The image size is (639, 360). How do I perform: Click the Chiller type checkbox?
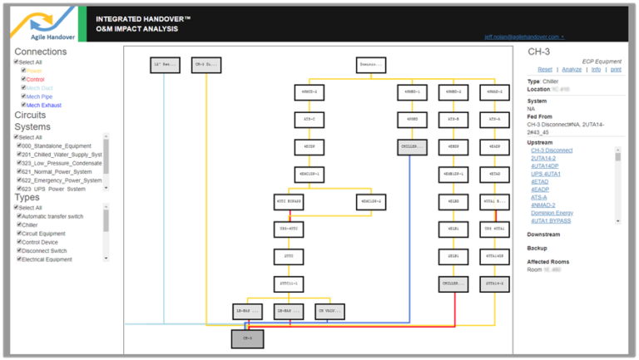click(19, 224)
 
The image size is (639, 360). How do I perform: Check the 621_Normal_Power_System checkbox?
click(19, 171)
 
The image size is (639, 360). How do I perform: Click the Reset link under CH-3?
click(544, 70)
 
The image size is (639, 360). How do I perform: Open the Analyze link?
click(572, 70)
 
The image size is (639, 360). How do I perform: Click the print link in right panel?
click(615, 70)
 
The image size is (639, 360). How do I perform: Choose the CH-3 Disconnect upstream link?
click(552, 150)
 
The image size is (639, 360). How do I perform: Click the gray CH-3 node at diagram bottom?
click(247, 338)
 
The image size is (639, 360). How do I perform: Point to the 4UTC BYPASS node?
click(289, 202)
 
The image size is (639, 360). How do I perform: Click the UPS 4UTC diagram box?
click(289, 229)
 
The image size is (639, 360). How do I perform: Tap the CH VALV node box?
click(329, 311)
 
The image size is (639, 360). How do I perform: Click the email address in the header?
click(523, 37)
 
